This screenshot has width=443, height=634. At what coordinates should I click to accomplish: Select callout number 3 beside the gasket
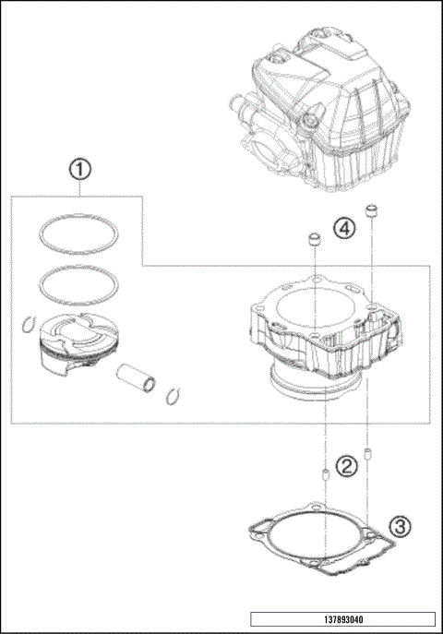399,527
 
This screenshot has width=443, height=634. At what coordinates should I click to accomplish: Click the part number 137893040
341,619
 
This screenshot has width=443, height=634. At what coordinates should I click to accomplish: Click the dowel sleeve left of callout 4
314,242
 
